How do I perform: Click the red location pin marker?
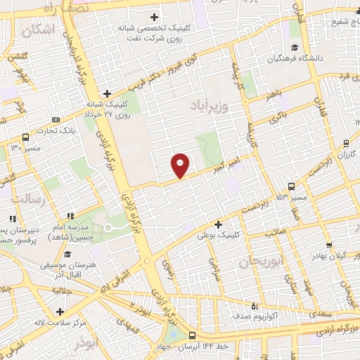coord(181,165)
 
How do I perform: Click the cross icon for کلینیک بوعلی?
coord(219,224)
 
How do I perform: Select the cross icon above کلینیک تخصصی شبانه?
coord(155,17)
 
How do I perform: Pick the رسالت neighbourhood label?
coord(30,200)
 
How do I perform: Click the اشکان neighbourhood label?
coord(38,30)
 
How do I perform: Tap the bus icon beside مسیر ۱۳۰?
coord(25,138)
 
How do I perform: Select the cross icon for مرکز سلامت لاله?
coord(60,311)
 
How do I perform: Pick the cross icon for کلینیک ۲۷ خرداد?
coord(107,93)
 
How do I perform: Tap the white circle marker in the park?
coord(108,227)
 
